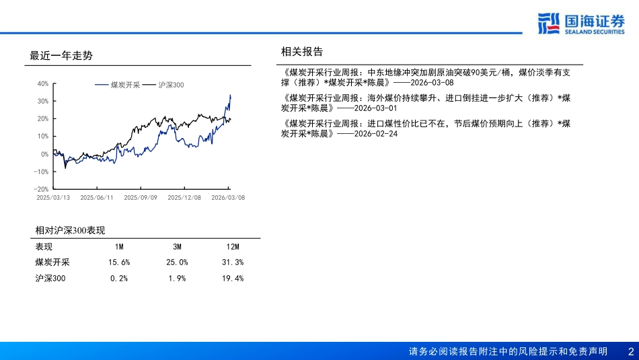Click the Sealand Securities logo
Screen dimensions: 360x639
pyautogui.click(x=582, y=24)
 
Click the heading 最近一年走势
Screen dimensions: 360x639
pyautogui.click(x=61, y=56)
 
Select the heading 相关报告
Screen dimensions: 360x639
pyautogui.click(x=302, y=52)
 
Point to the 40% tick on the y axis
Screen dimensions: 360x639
pyautogui.click(x=42, y=84)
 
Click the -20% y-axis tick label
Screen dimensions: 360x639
pyautogui.click(x=41, y=190)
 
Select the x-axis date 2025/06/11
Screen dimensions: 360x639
pyautogui.click(x=96, y=198)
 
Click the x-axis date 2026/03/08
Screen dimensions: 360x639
pyautogui.click(x=228, y=198)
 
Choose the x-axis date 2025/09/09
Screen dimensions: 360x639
pyautogui.click(x=141, y=198)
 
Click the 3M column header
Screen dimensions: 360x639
pyautogui.click(x=176, y=247)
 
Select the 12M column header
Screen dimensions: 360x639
pyautogui.click(x=233, y=247)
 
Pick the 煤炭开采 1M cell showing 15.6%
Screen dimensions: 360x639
pyautogui.click(x=119, y=262)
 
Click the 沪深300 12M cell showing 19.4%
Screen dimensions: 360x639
pyautogui.click(x=233, y=278)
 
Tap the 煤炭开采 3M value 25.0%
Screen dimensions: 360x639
pyautogui.click(x=176, y=262)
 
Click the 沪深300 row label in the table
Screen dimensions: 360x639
pyautogui.click(x=51, y=278)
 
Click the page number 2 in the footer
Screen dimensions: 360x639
pyautogui.click(x=630, y=351)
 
